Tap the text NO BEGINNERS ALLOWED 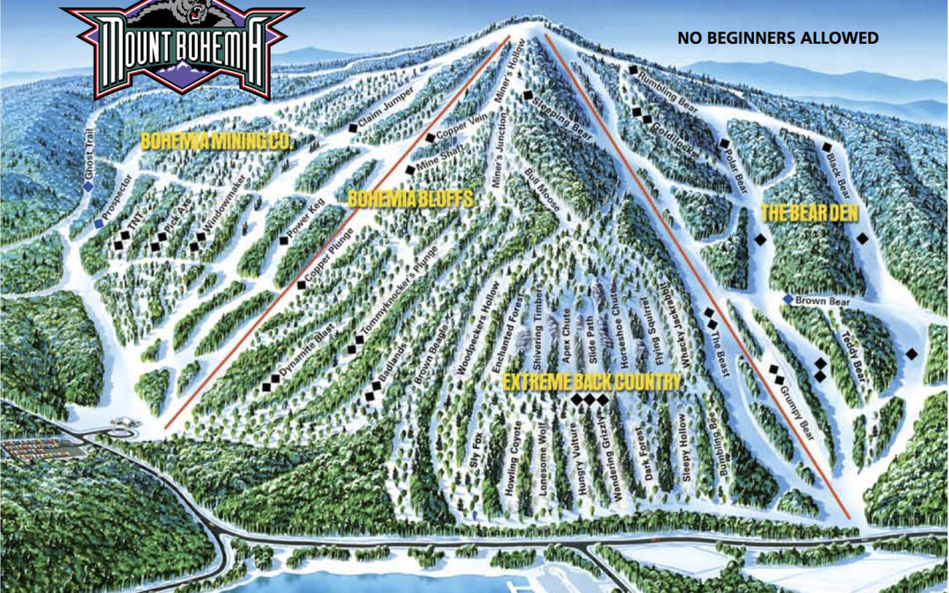tap(778, 38)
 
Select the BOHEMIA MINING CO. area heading tap(215, 141)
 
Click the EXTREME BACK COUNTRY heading tap(591, 381)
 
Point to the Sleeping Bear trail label tap(565, 113)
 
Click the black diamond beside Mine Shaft tap(409, 170)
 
